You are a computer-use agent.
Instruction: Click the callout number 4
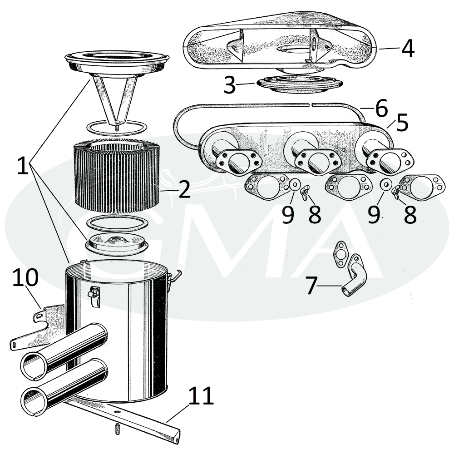[408, 49]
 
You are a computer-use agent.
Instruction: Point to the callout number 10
[25, 277]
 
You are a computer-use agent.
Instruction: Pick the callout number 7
[311, 286]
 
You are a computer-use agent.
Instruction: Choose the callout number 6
[381, 108]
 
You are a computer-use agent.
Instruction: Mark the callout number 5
[402, 122]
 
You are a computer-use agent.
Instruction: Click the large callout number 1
[23, 165]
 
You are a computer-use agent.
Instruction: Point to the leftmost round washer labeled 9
[294, 184]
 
